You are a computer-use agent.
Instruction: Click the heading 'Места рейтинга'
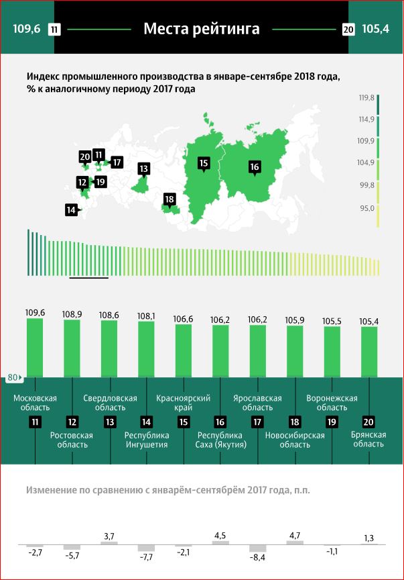pos(202,29)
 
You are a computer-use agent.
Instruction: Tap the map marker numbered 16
pos(254,167)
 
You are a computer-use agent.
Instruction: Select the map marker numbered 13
pos(143,168)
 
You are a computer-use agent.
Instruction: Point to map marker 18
pos(170,199)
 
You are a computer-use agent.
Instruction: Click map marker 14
pos(71,210)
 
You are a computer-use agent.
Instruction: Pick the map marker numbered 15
pos(204,162)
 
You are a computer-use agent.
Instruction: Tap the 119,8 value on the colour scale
pos(366,98)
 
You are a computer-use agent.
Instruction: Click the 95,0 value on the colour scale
pos(366,209)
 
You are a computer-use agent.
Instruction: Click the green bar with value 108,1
pos(146,349)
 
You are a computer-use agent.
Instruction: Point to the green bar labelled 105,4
pos(368,351)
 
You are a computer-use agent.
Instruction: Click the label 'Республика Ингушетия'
pos(146,440)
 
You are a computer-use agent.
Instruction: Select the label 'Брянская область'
pos(368,440)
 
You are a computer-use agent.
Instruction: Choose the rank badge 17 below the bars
pos(257,422)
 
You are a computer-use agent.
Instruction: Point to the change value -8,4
pos(257,557)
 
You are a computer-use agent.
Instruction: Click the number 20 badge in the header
pos(348,30)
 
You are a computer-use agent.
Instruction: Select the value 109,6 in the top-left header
pos(27,29)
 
